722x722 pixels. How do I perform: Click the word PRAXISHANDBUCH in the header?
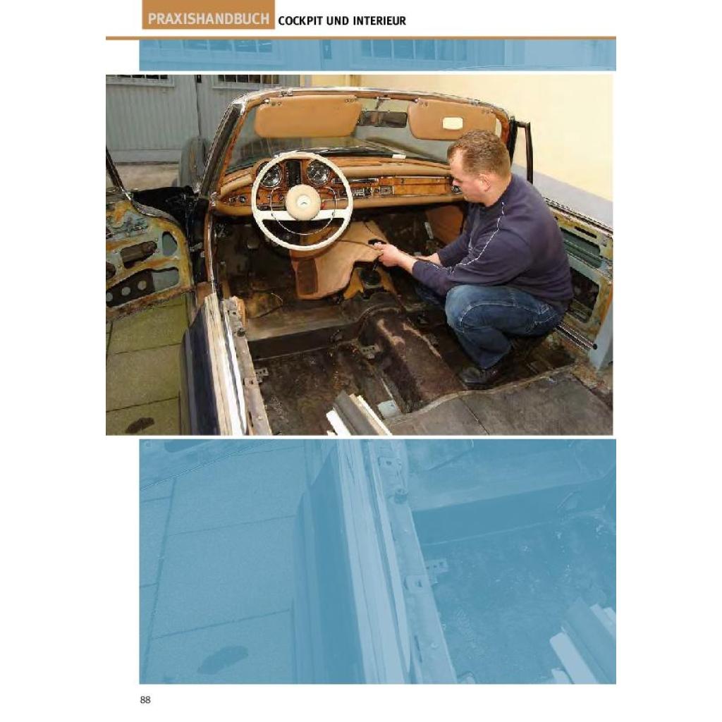208,19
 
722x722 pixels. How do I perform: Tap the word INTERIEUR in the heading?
379,20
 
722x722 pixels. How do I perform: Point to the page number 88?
145,700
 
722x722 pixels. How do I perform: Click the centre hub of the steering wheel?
302,200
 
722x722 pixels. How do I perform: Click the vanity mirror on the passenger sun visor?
453,123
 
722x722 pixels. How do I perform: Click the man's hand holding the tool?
391,254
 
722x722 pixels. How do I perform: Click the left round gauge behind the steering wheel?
271,176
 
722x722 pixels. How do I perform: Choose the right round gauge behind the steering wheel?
319,173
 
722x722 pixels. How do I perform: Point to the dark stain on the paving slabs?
140,424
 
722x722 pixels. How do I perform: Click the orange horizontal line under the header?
360,38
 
